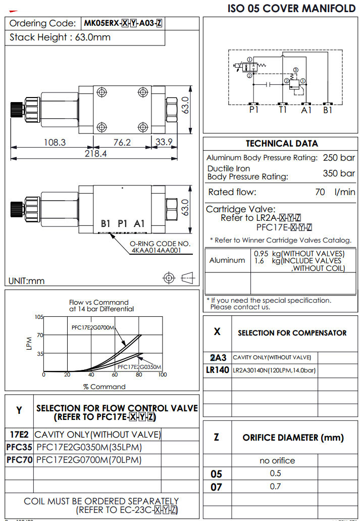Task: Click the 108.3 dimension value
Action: (55, 143)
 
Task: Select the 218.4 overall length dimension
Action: (95, 154)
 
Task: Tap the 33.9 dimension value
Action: (164, 143)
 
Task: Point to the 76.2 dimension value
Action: (122, 143)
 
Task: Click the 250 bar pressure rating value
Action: (339, 158)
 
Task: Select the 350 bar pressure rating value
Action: (339, 173)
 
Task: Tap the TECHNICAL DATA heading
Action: (282, 143)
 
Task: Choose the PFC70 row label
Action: (19, 460)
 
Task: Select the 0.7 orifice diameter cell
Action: (276, 486)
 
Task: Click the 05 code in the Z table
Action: (217, 474)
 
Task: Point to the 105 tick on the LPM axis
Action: (39, 317)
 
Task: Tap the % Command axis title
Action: (104, 387)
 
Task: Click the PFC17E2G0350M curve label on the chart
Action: (139, 367)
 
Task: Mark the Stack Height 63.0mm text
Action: (60, 37)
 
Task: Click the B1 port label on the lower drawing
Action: (106, 223)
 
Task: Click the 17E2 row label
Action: (19, 435)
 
